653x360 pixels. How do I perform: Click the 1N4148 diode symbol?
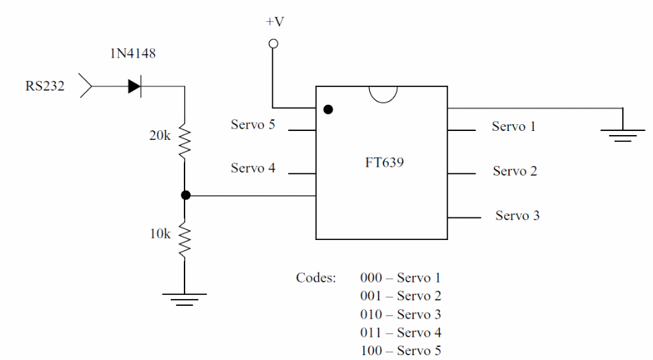(134, 86)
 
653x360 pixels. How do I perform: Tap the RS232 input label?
(45, 86)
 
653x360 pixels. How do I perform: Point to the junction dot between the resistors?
(185, 195)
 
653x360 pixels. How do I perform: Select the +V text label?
(274, 22)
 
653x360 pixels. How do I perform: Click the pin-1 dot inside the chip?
(329, 109)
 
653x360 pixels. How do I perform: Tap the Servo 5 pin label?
(253, 125)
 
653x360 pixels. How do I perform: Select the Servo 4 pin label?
(253, 168)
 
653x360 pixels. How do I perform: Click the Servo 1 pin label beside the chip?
(514, 126)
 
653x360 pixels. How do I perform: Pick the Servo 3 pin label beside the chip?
(517, 215)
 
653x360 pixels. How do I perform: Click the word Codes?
(316, 278)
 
